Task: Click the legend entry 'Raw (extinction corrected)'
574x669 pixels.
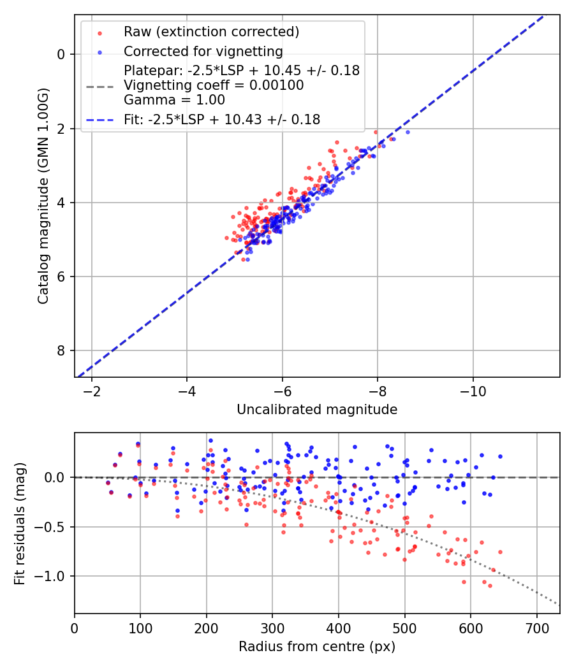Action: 211,32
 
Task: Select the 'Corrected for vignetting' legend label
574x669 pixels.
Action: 203,51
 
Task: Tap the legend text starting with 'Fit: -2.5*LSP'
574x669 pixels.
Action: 222,119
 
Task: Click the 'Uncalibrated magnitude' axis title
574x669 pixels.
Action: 317,410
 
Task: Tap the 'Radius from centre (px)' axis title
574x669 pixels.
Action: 317,647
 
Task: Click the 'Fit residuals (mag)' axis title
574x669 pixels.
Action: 20,523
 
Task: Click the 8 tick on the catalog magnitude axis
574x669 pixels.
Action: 61,350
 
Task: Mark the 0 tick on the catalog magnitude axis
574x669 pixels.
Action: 61,54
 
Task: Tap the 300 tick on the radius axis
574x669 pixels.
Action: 272,627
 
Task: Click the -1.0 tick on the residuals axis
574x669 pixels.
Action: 54,576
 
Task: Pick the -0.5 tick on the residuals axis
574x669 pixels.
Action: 54,526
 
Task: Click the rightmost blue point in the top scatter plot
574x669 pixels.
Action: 408,132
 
